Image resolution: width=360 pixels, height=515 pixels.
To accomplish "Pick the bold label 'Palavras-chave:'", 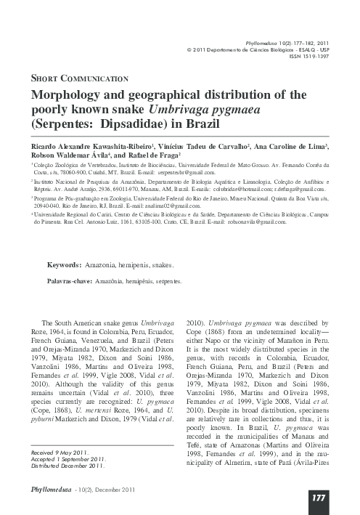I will click(x=78, y=279).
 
